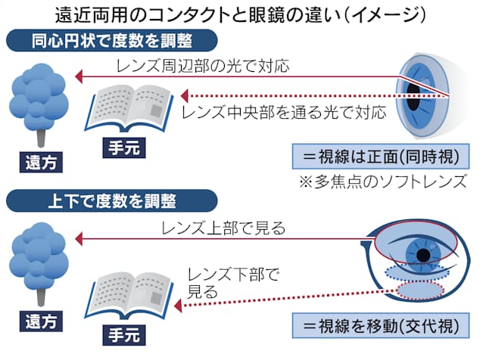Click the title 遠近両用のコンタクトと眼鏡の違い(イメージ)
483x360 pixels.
point(242,13)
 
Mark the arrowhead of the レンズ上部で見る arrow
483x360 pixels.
point(80,241)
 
